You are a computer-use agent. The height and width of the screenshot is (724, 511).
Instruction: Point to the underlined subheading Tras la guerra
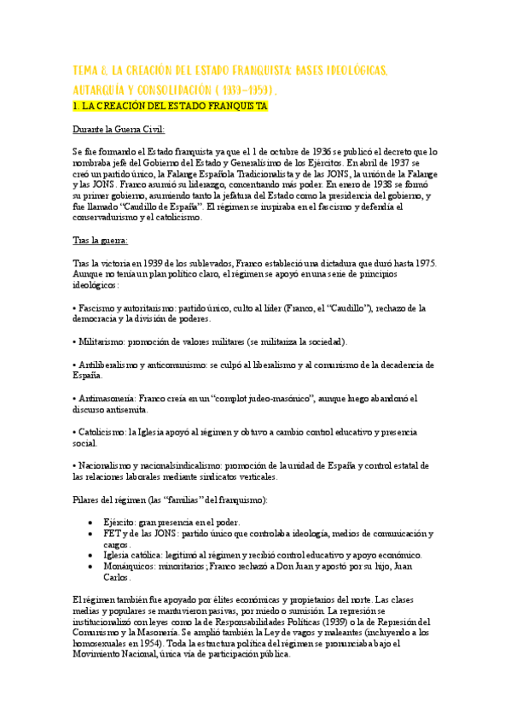tap(101, 241)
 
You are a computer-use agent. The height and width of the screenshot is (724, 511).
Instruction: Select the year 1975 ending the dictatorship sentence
tap(424, 263)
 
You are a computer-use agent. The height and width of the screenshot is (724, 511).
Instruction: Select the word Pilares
tap(88, 499)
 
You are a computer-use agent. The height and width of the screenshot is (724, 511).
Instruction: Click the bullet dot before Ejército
tap(91, 522)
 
